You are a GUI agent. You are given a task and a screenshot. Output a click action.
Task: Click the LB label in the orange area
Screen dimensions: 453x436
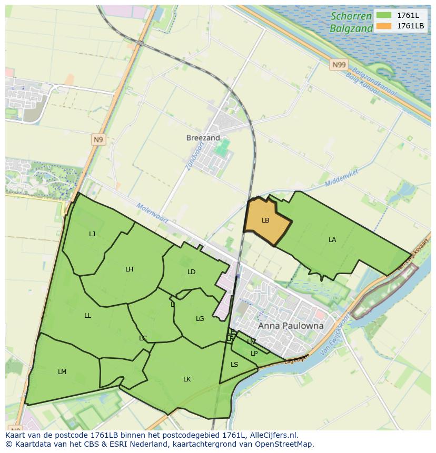265,220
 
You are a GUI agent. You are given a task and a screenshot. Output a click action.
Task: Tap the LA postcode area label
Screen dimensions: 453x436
332,240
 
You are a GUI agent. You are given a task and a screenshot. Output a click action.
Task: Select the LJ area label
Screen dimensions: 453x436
92,234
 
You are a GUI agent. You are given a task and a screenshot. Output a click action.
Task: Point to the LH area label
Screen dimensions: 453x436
129,269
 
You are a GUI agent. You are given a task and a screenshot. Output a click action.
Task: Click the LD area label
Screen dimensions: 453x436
191,272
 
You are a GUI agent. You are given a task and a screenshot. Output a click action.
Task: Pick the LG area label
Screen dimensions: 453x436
200,319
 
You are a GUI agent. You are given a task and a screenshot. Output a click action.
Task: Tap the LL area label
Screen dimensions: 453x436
87,316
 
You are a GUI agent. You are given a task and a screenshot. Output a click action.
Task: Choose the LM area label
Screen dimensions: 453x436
62,372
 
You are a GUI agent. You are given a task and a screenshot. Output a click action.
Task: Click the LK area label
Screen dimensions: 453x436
187,379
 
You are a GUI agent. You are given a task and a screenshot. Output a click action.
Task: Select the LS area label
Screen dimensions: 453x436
234,365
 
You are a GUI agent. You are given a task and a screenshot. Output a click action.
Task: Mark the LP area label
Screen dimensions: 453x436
254,354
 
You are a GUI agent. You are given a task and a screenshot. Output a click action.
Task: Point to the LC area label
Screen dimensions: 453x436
143,338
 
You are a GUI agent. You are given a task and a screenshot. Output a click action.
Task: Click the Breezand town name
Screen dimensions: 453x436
203,138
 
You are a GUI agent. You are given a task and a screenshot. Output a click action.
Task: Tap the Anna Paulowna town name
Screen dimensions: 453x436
291,326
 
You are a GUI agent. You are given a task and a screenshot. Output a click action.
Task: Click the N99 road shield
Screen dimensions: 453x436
339,65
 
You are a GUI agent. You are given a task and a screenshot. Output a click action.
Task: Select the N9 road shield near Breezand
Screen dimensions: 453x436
98,139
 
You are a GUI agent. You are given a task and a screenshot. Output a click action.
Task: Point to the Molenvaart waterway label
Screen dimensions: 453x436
152,213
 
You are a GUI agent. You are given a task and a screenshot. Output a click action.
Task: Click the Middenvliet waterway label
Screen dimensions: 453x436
341,180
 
